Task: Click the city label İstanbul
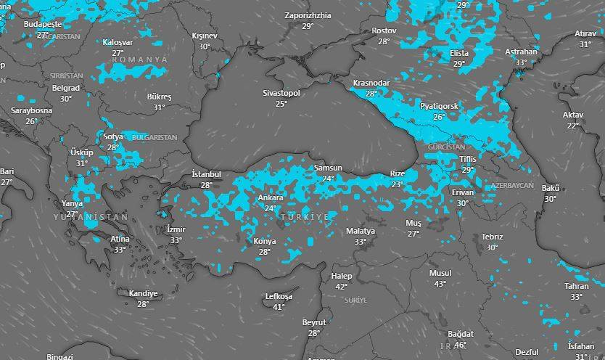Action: (x=206, y=175)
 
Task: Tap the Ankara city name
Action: (x=271, y=198)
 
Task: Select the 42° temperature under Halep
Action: (x=342, y=287)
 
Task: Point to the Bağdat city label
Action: (x=460, y=334)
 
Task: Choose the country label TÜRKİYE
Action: (x=305, y=217)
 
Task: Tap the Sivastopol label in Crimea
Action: (x=281, y=94)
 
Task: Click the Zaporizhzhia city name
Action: (x=308, y=15)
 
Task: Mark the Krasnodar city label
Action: (x=371, y=83)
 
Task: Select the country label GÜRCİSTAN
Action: (x=445, y=147)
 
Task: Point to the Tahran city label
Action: (x=577, y=286)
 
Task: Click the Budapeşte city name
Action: (x=43, y=24)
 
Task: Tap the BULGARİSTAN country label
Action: (x=155, y=137)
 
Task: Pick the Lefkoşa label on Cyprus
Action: (x=279, y=296)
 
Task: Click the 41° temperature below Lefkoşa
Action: (x=279, y=307)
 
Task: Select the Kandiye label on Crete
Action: (x=143, y=293)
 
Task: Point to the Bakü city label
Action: (x=550, y=188)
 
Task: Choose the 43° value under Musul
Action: (x=440, y=284)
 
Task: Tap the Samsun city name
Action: (x=328, y=168)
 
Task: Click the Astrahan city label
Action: (x=521, y=52)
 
